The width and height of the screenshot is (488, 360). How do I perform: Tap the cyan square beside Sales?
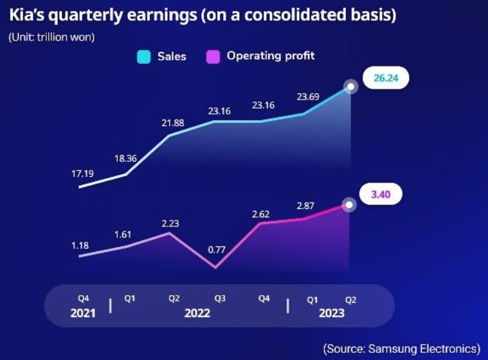[x=143, y=57]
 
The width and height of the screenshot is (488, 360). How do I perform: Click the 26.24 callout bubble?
[x=386, y=78]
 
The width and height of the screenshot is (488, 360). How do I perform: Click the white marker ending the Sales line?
[x=350, y=87]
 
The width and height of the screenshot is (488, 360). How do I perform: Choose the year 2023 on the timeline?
[x=330, y=313]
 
